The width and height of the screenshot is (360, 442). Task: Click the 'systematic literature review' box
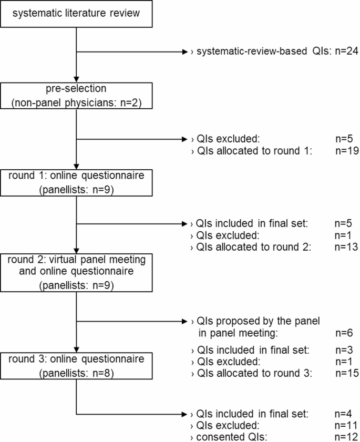click(77, 13)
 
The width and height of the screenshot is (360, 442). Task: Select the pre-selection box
click(77, 95)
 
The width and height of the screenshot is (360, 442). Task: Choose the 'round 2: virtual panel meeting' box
click(77, 272)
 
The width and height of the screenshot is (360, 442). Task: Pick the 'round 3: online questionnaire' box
click(77, 365)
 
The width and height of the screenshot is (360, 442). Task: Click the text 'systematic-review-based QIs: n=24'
click(271, 53)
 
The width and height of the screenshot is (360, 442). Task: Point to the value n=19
click(347, 151)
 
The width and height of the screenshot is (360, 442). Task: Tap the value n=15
click(347, 373)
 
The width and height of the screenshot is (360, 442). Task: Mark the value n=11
click(347, 425)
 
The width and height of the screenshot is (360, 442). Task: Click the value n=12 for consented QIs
click(347, 436)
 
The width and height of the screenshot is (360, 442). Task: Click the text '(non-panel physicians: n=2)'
click(77, 102)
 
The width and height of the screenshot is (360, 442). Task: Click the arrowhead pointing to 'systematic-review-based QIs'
click(184, 53)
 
